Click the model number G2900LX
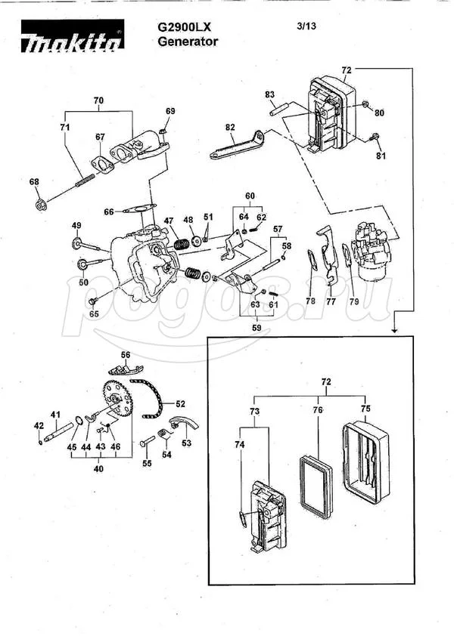click(184, 27)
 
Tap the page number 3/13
click(306, 26)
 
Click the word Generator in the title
click(188, 41)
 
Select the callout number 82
click(230, 127)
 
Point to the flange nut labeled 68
click(41, 204)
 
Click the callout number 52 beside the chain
click(180, 404)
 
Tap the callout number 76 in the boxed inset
click(318, 410)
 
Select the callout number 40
click(98, 469)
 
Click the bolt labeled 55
click(147, 441)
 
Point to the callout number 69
click(170, 111)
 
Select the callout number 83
click(270, 95)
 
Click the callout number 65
click(94, 314)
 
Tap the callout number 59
click(257, 328)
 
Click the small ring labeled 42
click(40, 442)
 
